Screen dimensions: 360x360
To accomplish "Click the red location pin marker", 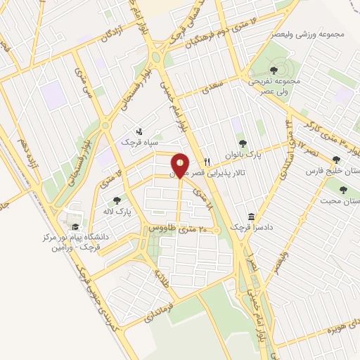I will pyautogui.click(x=180, y=165).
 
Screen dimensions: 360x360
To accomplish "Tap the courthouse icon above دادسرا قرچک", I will pyautogui.click(x=251, y=217).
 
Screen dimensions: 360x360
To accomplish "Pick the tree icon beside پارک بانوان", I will pyautogui.click(x=243, y=144).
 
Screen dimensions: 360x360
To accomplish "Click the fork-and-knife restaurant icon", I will pyautogui.click(x=207, y=161).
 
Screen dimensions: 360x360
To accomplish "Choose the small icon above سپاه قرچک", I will pyautogui.click(x=139, y=131).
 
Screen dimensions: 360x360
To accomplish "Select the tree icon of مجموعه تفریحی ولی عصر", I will pyautogui.click(x=274, y=70).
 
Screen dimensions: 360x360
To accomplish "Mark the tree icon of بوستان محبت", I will pyautogui.click(x=343, y=189).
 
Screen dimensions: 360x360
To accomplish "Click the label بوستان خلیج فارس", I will pyautogui.click(x=331, y=170).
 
